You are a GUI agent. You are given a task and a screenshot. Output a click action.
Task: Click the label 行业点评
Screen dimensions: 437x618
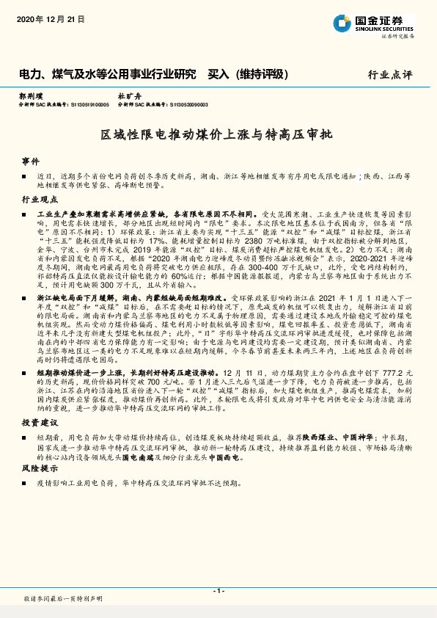(x=391, y=75)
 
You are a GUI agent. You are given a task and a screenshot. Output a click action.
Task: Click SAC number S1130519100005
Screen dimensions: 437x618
(x=90, y=105)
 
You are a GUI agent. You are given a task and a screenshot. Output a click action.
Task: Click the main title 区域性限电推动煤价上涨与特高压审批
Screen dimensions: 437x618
(x=218, y=135)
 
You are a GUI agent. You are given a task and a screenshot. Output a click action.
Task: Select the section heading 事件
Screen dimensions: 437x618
(x=30, y=160)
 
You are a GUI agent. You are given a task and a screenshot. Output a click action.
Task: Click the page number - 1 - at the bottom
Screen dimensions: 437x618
(x=218, y=590)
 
